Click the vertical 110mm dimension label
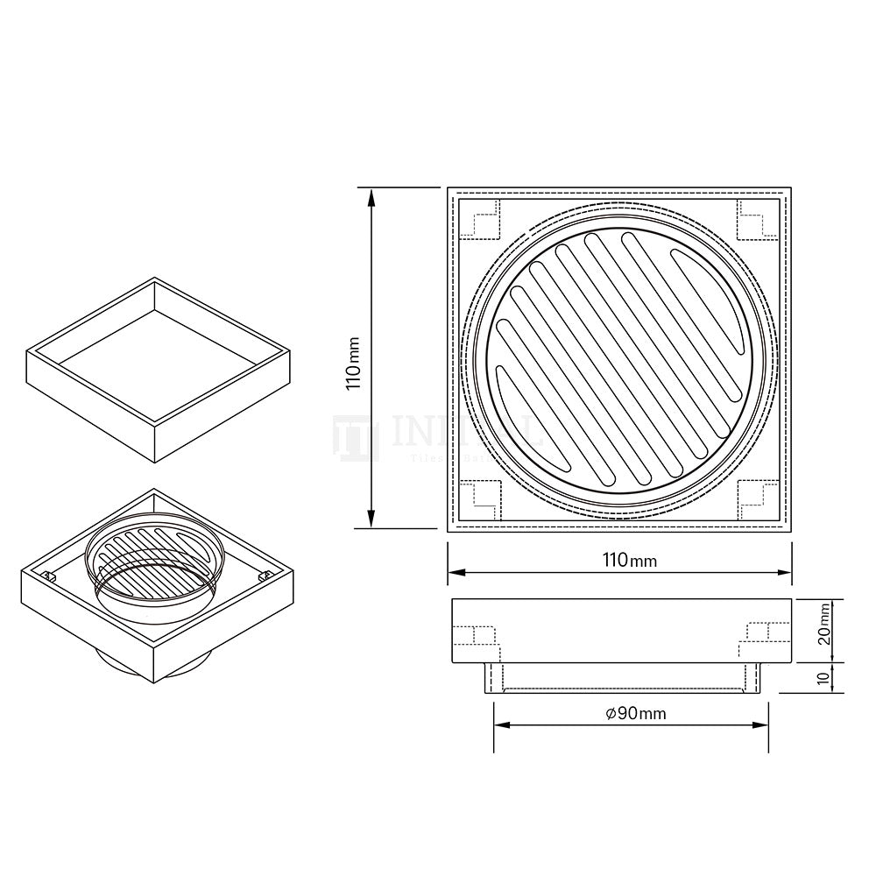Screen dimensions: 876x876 point(352,359)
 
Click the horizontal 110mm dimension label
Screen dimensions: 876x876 point(629,559)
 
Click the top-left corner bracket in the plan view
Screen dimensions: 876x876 point(481,219)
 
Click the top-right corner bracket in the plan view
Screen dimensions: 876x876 point(756,219)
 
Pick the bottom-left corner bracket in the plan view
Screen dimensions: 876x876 point(481,498)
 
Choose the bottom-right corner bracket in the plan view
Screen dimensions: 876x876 point(756,498)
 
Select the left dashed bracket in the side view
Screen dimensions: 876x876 point(477,637)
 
